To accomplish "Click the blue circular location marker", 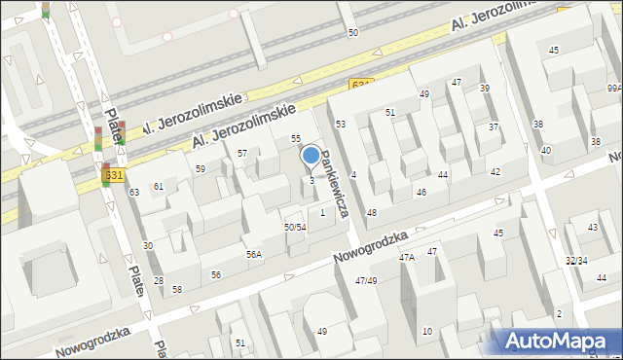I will (311, 155).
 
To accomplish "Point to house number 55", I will (296, 139).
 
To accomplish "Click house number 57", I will (242, 154).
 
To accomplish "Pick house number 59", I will (201, 169).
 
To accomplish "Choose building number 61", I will (158, 186).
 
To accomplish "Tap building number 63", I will (134, 193).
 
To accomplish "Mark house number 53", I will (341, 125).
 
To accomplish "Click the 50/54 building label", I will (295, 227).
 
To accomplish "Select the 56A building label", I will (253, 254).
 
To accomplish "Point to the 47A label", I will (407, 258).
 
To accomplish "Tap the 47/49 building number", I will (366, 280).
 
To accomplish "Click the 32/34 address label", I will (576, 261).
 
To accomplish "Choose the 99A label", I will (613, 88).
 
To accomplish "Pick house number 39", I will (484, 89).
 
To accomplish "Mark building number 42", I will (495, 171).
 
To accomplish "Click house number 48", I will (371, 212).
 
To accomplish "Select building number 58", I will (177, 289).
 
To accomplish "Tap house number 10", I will (426, 332).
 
